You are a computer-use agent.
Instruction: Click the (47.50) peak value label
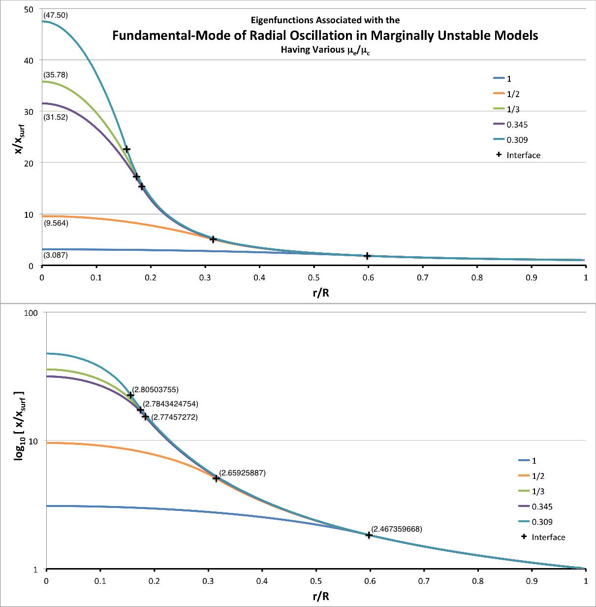[x=56, y=15]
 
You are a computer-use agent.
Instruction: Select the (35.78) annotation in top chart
[x=56, y=75]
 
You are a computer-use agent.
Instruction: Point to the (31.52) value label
[x=56, y=117]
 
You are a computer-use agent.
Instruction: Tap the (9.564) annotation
[x=56, y=223]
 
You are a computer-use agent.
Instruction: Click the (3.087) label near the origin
[x=56, y=255]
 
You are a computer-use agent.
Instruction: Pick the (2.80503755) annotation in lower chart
[x=155, y=390]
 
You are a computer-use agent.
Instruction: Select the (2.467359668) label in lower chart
[x=396, y=529]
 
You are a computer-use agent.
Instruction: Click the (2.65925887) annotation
[x=242, y=473]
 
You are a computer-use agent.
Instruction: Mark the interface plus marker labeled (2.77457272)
[x=145, y=416]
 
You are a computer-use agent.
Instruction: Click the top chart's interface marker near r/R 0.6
[x=367, y=256]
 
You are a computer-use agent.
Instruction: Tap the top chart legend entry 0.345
[x=517, y=125]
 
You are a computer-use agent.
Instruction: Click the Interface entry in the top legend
[x=523, y=155]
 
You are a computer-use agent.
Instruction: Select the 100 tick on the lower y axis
[x=32, y=312]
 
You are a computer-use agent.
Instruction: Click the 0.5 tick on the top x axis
[x=314, y=278]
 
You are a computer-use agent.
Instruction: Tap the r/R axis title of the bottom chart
[x=321, y=597]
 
